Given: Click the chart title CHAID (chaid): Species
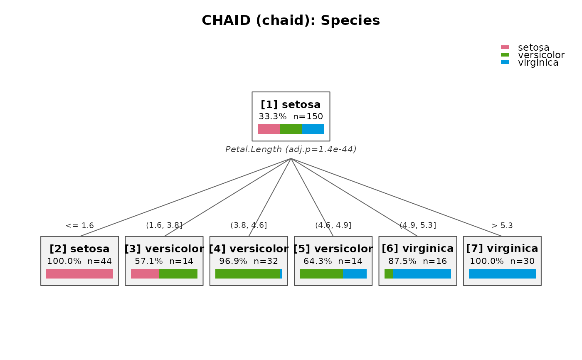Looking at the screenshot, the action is (x=291, y=20).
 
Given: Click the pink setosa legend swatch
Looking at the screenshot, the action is (x=505, y=47).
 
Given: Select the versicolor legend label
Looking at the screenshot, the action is (x=541, y=55).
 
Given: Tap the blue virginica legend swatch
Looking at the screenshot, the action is (x=505, y=62).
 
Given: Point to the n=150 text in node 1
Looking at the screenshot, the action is (x=308, y=116).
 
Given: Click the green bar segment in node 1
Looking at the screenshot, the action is (x=291, y=129).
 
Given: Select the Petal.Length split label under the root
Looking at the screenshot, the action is (x=291, y=149).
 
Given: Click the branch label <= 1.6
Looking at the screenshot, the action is (x=79, y=225).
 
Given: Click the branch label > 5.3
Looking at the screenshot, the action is (x=502, y=225).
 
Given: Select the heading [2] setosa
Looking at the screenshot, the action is (x=79, y=249).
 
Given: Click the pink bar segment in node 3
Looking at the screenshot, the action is (x=145, y=274).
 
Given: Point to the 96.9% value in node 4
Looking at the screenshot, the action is (x=233, y=261).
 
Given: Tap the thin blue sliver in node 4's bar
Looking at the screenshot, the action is (x=281, y=274).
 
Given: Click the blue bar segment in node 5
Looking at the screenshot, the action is (x=355, y=274).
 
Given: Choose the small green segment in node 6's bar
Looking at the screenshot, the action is (x=389, y=274).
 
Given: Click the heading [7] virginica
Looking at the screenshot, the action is (x=502, y=249).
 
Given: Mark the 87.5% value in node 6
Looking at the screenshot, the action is (x=402, y=261).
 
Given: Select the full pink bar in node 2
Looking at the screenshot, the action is (x=79, y=274).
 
